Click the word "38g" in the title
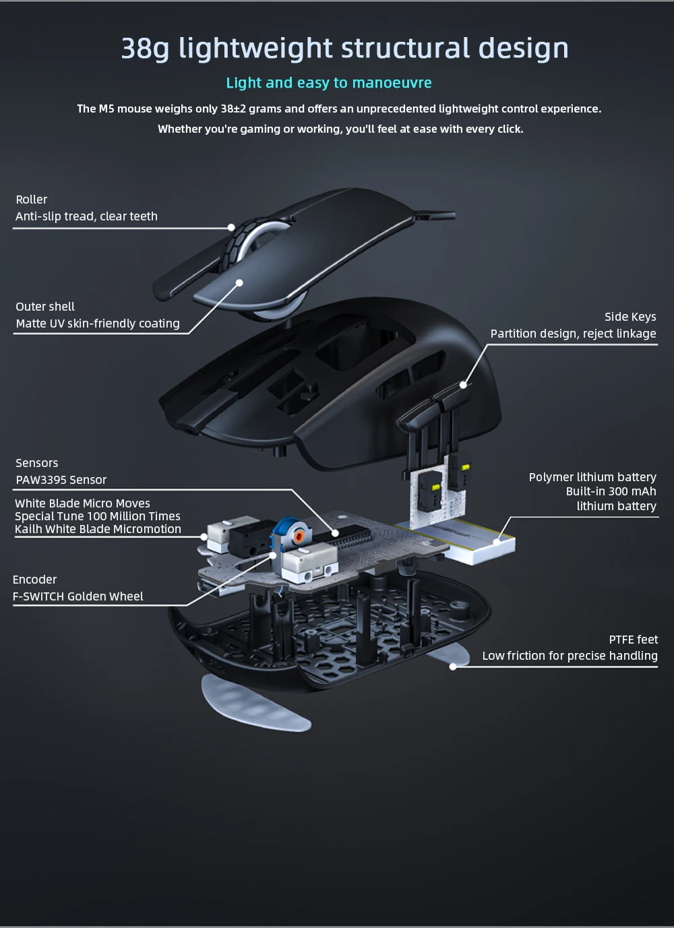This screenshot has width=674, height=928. click(x=146, y=49)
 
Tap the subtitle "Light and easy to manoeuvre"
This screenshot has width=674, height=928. click(x=329, y=83)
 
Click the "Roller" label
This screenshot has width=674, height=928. click(x=32, y=199)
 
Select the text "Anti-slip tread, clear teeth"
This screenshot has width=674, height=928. click(x=86, y=216)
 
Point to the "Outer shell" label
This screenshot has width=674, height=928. click(x=45, y=307)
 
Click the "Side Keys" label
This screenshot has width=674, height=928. click(x=630, y=317)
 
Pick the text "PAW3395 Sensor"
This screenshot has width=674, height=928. click(x=61, y=480)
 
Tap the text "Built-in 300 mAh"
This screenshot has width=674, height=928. click(x=611, y=491)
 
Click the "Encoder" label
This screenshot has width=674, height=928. click(x=34, y=580)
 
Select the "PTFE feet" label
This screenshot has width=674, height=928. click(x=633, y=640)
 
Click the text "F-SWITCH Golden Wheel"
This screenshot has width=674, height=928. click(x=78, y=596)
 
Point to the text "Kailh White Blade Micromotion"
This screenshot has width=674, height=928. click(x=98, y=529)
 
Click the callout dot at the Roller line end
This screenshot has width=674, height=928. click(x=231, y=228)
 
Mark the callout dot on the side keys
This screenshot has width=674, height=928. click(x=463, y=385)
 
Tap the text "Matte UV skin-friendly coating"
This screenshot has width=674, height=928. click(x=98, y=323)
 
